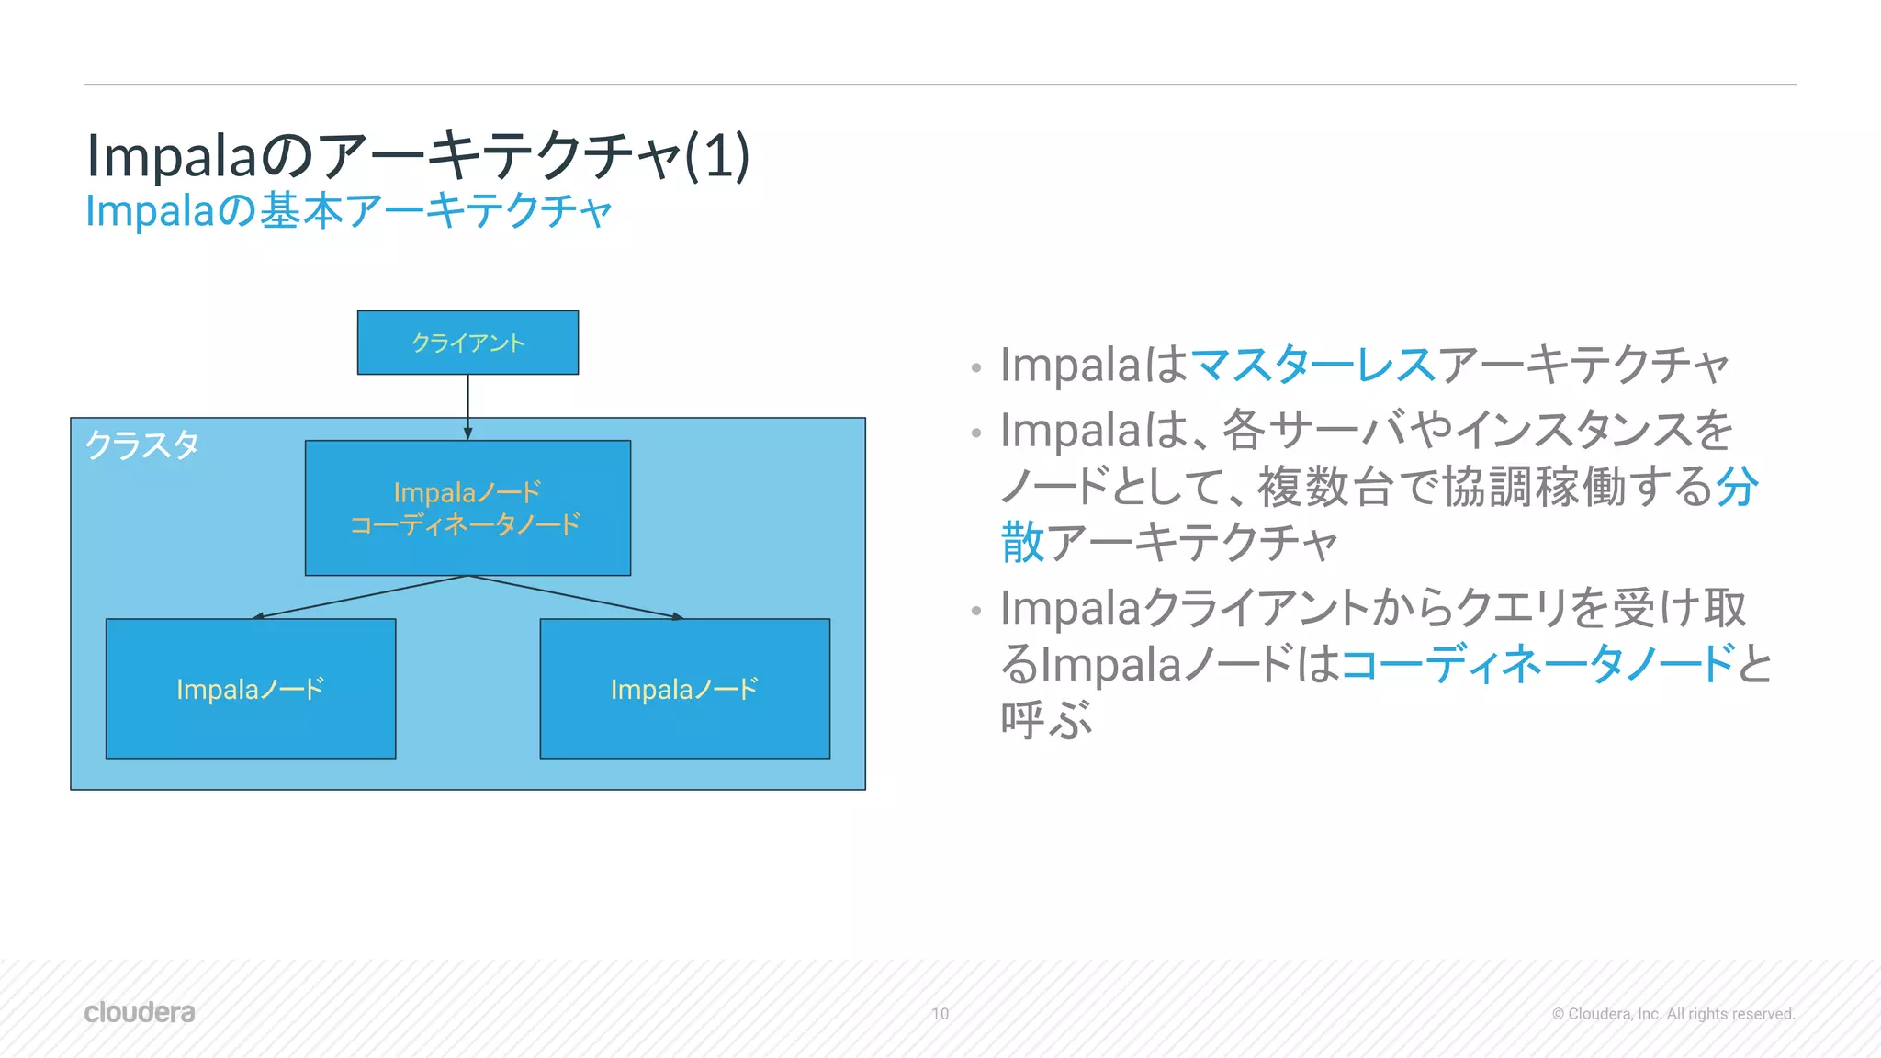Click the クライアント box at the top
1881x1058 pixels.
tap(467, 343)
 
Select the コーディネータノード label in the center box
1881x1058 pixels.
tap(466, 525)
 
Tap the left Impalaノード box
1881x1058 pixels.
tap(250, 689)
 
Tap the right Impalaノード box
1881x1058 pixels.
tap(684, 689)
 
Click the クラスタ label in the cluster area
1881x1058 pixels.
tap(142, 445)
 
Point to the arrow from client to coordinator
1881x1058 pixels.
tap(467, 404)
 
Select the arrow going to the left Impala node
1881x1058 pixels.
tap(358, 597)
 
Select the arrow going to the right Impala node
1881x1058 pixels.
tap(579, 597)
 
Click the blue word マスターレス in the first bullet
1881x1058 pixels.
tap(1312, 365)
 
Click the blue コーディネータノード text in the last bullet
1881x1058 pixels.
tap(1538, 663)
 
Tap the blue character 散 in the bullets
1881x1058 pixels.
tap(1022, 542)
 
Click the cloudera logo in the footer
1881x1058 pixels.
tap(140, 1012)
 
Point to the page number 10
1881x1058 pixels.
tap(940, 1014)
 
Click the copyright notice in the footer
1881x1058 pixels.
tap(1673, 1014)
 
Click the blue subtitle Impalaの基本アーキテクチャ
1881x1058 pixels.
tap(349, 211)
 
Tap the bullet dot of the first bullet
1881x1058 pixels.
tap(976, 369)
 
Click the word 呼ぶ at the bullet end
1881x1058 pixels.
tap(1046, 719)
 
